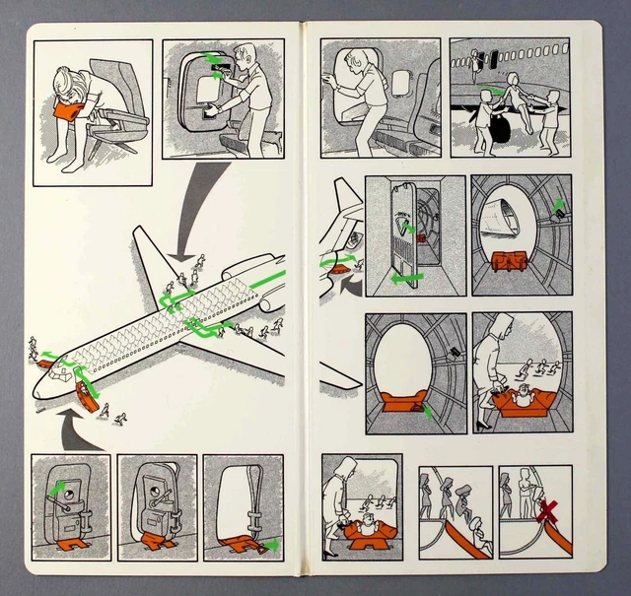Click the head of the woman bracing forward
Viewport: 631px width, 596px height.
coord(60,77)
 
